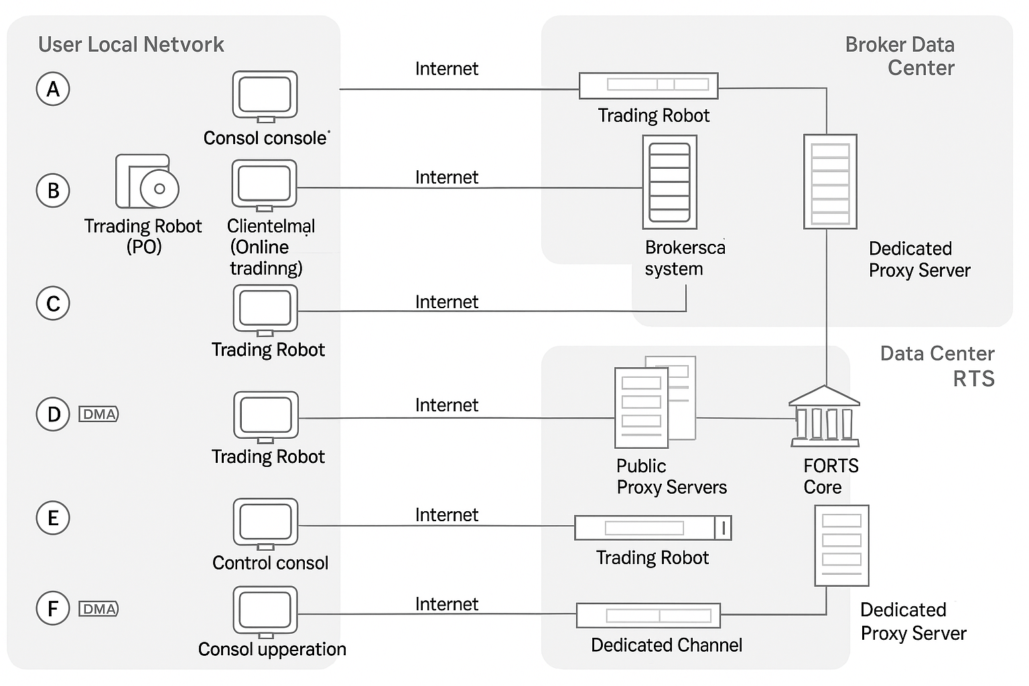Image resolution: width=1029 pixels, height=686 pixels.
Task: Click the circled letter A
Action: (x=53, y=89)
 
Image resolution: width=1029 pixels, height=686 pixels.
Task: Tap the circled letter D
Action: (x=53, y=414)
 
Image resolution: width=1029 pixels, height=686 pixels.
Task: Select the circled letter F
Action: (x=53, y=608)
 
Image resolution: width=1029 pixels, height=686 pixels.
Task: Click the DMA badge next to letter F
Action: (x=99, y=609)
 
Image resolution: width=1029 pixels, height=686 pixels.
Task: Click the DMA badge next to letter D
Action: (x=99, y=414)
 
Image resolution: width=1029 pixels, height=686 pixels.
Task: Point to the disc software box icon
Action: (x=147, y=182)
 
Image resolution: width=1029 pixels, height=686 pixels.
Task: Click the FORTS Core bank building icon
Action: (x=824, y=417)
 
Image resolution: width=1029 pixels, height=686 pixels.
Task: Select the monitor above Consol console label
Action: (x=265, y=96)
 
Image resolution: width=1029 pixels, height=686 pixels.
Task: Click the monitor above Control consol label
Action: (x=266, y=523)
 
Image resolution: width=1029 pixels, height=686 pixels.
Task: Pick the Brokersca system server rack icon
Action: (x=669, y=182)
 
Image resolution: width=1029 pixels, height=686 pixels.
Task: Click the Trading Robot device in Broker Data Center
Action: (x=648, y=86)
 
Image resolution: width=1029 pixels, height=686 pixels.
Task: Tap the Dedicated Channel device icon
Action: (x=648, y=615)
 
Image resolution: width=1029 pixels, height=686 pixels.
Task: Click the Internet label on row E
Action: (x=446, y=514)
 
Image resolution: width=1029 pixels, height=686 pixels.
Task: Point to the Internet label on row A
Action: (x=446, y=68)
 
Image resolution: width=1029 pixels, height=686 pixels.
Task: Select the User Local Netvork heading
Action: (x=131, y=44)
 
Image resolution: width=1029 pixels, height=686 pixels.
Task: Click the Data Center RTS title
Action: (x=937, y=366)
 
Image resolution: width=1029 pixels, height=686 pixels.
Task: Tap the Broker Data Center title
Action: (x=901, y=56)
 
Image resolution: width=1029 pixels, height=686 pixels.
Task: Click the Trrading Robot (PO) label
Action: (x=143, y=236)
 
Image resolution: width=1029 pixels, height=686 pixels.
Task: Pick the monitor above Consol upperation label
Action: (x=266, y=611)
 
